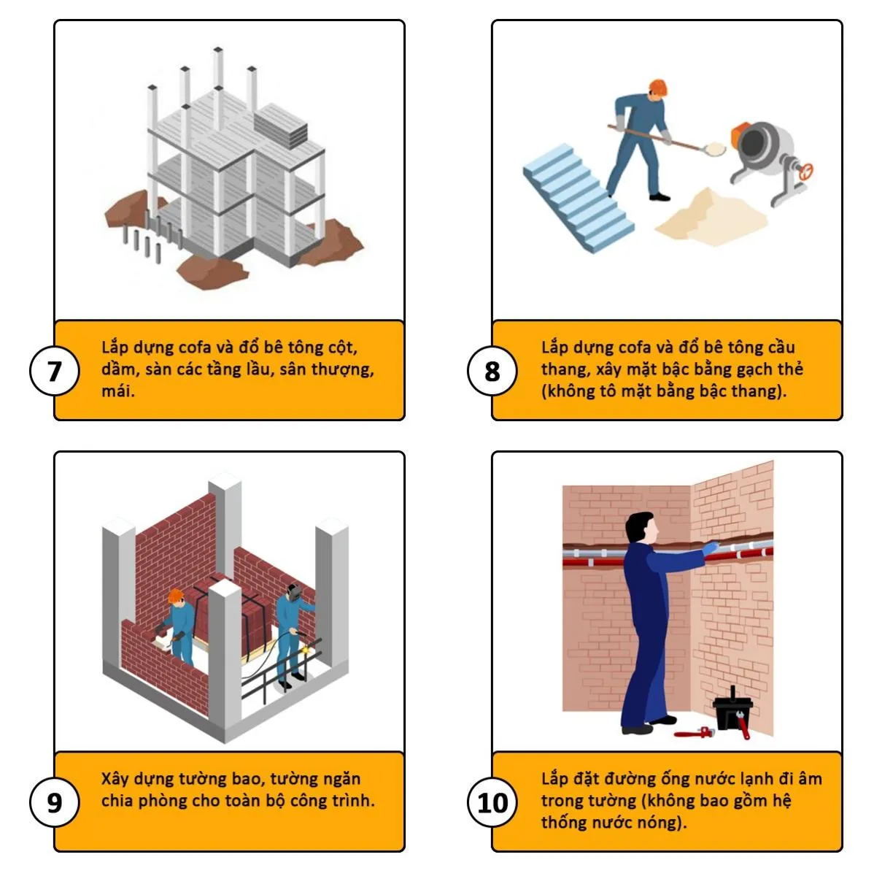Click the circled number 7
pyautogui.click(x=54, y=371)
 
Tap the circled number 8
pyautogui.click(x=492, y=371)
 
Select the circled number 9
pyautogui.click(x=54, y=802)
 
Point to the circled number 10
pyautogui.click(x=492, y=802)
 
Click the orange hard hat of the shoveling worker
pyautogui.click(x=657, y=88)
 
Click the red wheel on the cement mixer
pyautogui.click(x=806, y=172)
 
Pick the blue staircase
pyautogui.click(x=578, y=198)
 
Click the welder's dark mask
pyautogui.click(x=294, y=592)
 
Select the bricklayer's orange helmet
pyautogui.click(x=175, y=595)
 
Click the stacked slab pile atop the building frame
pyautogui.click(x=280, y=125)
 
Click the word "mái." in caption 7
pyautogui.click(x=118, y=391)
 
